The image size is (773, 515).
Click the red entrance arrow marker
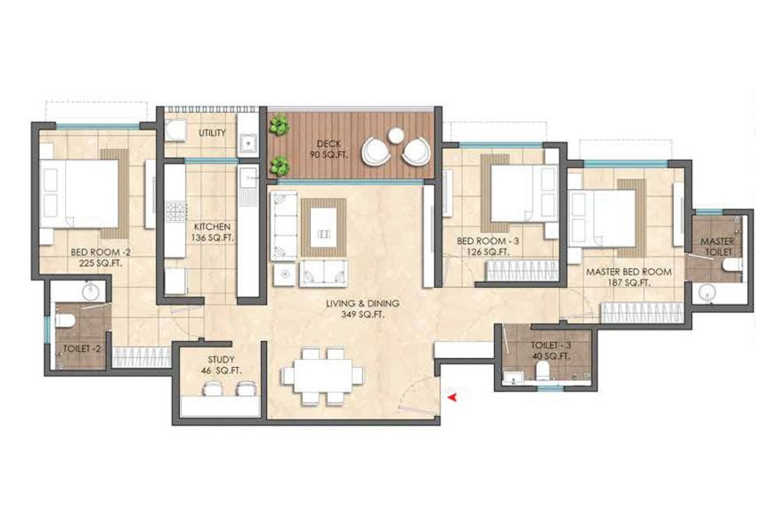[453, 397]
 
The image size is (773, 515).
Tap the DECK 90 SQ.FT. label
[329, 149]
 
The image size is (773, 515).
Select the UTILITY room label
[212, 133]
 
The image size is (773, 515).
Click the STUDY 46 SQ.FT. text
[221, 365]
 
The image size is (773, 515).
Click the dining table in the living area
[322, 376]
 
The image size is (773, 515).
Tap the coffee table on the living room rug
[323, 227]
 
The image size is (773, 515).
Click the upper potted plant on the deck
[279, 126]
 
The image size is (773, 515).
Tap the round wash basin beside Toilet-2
[90, 292]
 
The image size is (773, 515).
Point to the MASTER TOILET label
[717, 246]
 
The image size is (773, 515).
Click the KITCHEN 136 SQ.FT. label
[212, 232]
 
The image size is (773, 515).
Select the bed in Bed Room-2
[80, 194]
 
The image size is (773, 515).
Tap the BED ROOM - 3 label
[488, 246]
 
